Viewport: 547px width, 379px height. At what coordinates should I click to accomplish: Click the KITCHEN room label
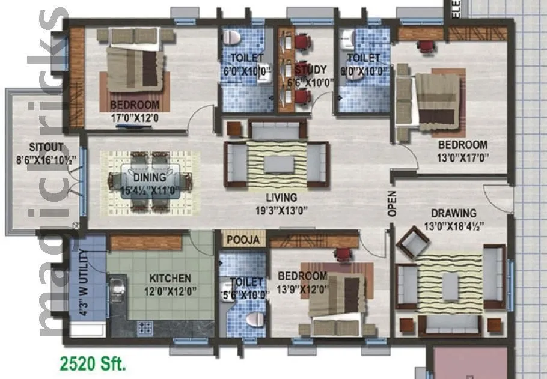(x=170, y=279)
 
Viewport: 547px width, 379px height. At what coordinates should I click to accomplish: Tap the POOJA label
(x=243, y=240)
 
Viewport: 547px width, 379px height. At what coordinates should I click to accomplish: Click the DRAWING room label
(x=453, y=213)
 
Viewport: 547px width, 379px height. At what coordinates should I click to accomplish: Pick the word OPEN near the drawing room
(x=392, y=204)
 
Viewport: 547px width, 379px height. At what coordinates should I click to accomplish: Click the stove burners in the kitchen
(x=145, y=327)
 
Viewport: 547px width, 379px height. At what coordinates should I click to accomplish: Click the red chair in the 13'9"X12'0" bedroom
(x=343, y=255)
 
